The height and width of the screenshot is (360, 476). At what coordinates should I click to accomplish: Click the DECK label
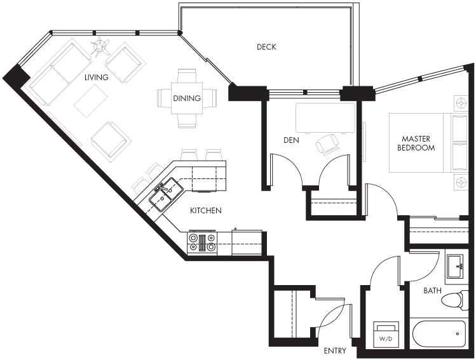pyautogui.click(x=266, y=47)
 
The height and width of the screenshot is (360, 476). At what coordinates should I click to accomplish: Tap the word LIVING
pyautogui.click(x=96, y=77)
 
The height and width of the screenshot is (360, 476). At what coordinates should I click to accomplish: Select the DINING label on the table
pyautogui.click(x=187, y=98)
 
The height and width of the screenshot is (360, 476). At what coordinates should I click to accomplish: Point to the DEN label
pyautogui.click(x=291, y=140)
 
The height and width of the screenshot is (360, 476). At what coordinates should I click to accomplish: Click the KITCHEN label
pyautogui.click(x=205, y=211)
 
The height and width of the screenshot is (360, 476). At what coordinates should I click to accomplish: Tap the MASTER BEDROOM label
pyautogui.click(x=416, y=143)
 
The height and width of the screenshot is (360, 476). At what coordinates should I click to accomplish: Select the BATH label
pyautogui.click(x=432, y=291)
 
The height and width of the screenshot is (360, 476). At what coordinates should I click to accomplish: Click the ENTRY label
pyautogui.click(x=335, y=351)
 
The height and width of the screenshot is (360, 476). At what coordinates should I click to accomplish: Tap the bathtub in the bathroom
pyautogui.click(x=439, y=334)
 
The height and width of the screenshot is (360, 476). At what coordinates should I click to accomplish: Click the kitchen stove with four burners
pyautogui.click(x=203, y=243)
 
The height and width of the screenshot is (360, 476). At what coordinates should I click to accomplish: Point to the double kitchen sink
pyautogui.click(x=166, y=194)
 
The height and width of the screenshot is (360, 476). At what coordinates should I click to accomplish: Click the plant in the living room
pyautogui.click(x=100, y=46)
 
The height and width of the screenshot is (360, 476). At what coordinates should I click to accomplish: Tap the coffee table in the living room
pyautogui.click(x=91, y=101)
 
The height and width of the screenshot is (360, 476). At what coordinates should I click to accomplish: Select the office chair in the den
pyautogui.click(x=327, y=145)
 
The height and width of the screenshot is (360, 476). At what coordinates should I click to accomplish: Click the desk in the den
pyautogui.click(x=325, y=118)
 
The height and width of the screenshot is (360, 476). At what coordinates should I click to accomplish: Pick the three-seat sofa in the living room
pyautogui.click(x=60, y=74)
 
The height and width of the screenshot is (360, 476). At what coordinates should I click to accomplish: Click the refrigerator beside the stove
pyautogui.click(x=247, y=243)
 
